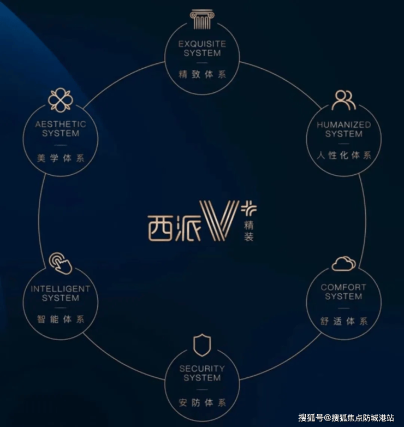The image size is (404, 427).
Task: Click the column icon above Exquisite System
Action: click(x=202, y=20)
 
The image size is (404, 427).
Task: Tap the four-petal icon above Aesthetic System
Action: click(x=60, y=100)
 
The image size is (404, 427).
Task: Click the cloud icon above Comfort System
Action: click(x=343, y=264)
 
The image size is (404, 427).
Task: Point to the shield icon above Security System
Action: click(x=202, y=345)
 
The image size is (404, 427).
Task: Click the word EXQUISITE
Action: click(x=203, y=44)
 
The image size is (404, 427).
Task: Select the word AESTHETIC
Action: click(x=61, y=124)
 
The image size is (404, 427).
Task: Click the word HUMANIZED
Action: click(x=344, y=125)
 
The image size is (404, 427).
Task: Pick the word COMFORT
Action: click(x=343, y=287)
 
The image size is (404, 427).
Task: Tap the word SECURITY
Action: click(x=202, y=369)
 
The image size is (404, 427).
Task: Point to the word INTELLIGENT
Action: click(x=61, y=288)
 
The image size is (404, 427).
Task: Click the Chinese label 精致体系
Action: click(x=202, y=74)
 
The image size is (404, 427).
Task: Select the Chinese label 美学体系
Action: click(x=61, y=158)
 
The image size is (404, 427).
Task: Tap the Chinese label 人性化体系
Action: click(x=344, y=156)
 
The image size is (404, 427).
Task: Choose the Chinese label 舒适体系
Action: click(x=344, y=321)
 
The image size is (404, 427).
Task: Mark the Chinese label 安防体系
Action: click(x=202, y=404)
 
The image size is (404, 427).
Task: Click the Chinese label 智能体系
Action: click(x=61, y=319)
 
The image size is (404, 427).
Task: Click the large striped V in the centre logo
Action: click(x=219, y=220)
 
